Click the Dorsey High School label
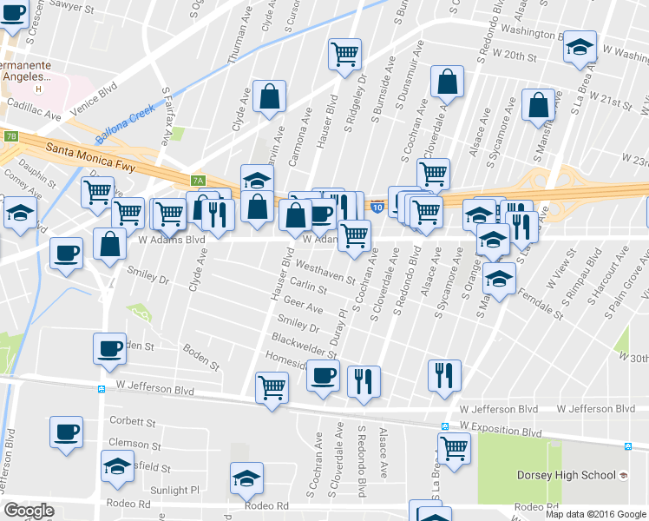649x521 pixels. coord(566,475)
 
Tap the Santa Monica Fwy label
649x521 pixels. coord(83,148)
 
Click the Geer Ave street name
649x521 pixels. coord(303,308)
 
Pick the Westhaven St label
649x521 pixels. coord(325,272)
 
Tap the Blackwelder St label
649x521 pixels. coord(304,345)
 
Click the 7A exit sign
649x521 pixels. coord(199,181)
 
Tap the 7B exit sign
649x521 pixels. coord(10,136)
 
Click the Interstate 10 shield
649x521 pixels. coord(377,207)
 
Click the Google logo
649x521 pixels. coord(29,511)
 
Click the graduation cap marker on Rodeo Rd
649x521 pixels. coord(246,478)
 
